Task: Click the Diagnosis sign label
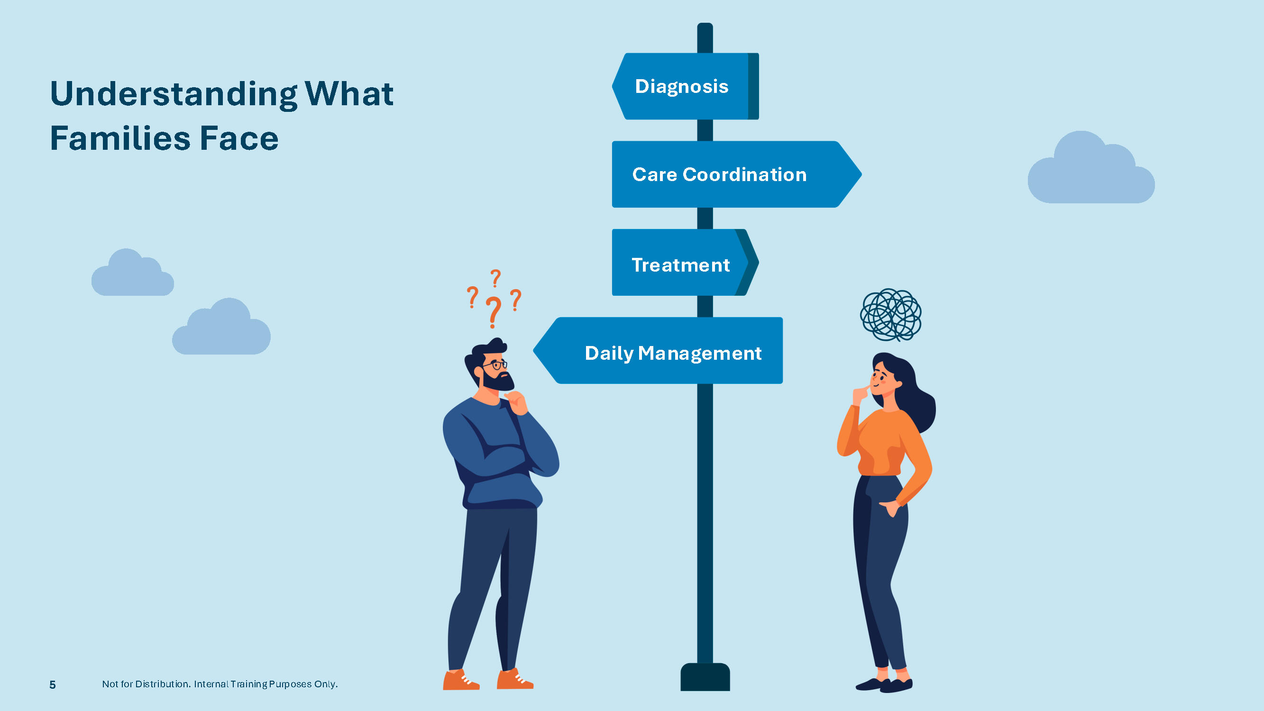(x=682, y=86)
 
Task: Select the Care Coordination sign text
(x=719, y=175)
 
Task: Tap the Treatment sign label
(x=680, y=265)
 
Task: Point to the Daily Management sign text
(x=673, y=353)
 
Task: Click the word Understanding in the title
(x=174, y=94)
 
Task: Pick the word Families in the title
(x=120, y=138)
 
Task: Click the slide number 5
(x=53, y=684)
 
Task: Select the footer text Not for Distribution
(x=145, y=684)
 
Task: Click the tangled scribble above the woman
(x=890, y=315)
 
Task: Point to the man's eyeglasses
(x=495, y=365)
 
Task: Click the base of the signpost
(x=705, y=677)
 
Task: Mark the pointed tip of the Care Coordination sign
(x=861, y=174)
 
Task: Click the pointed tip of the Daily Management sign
(x=533, y=350)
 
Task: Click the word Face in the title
(x=239, y=138)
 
